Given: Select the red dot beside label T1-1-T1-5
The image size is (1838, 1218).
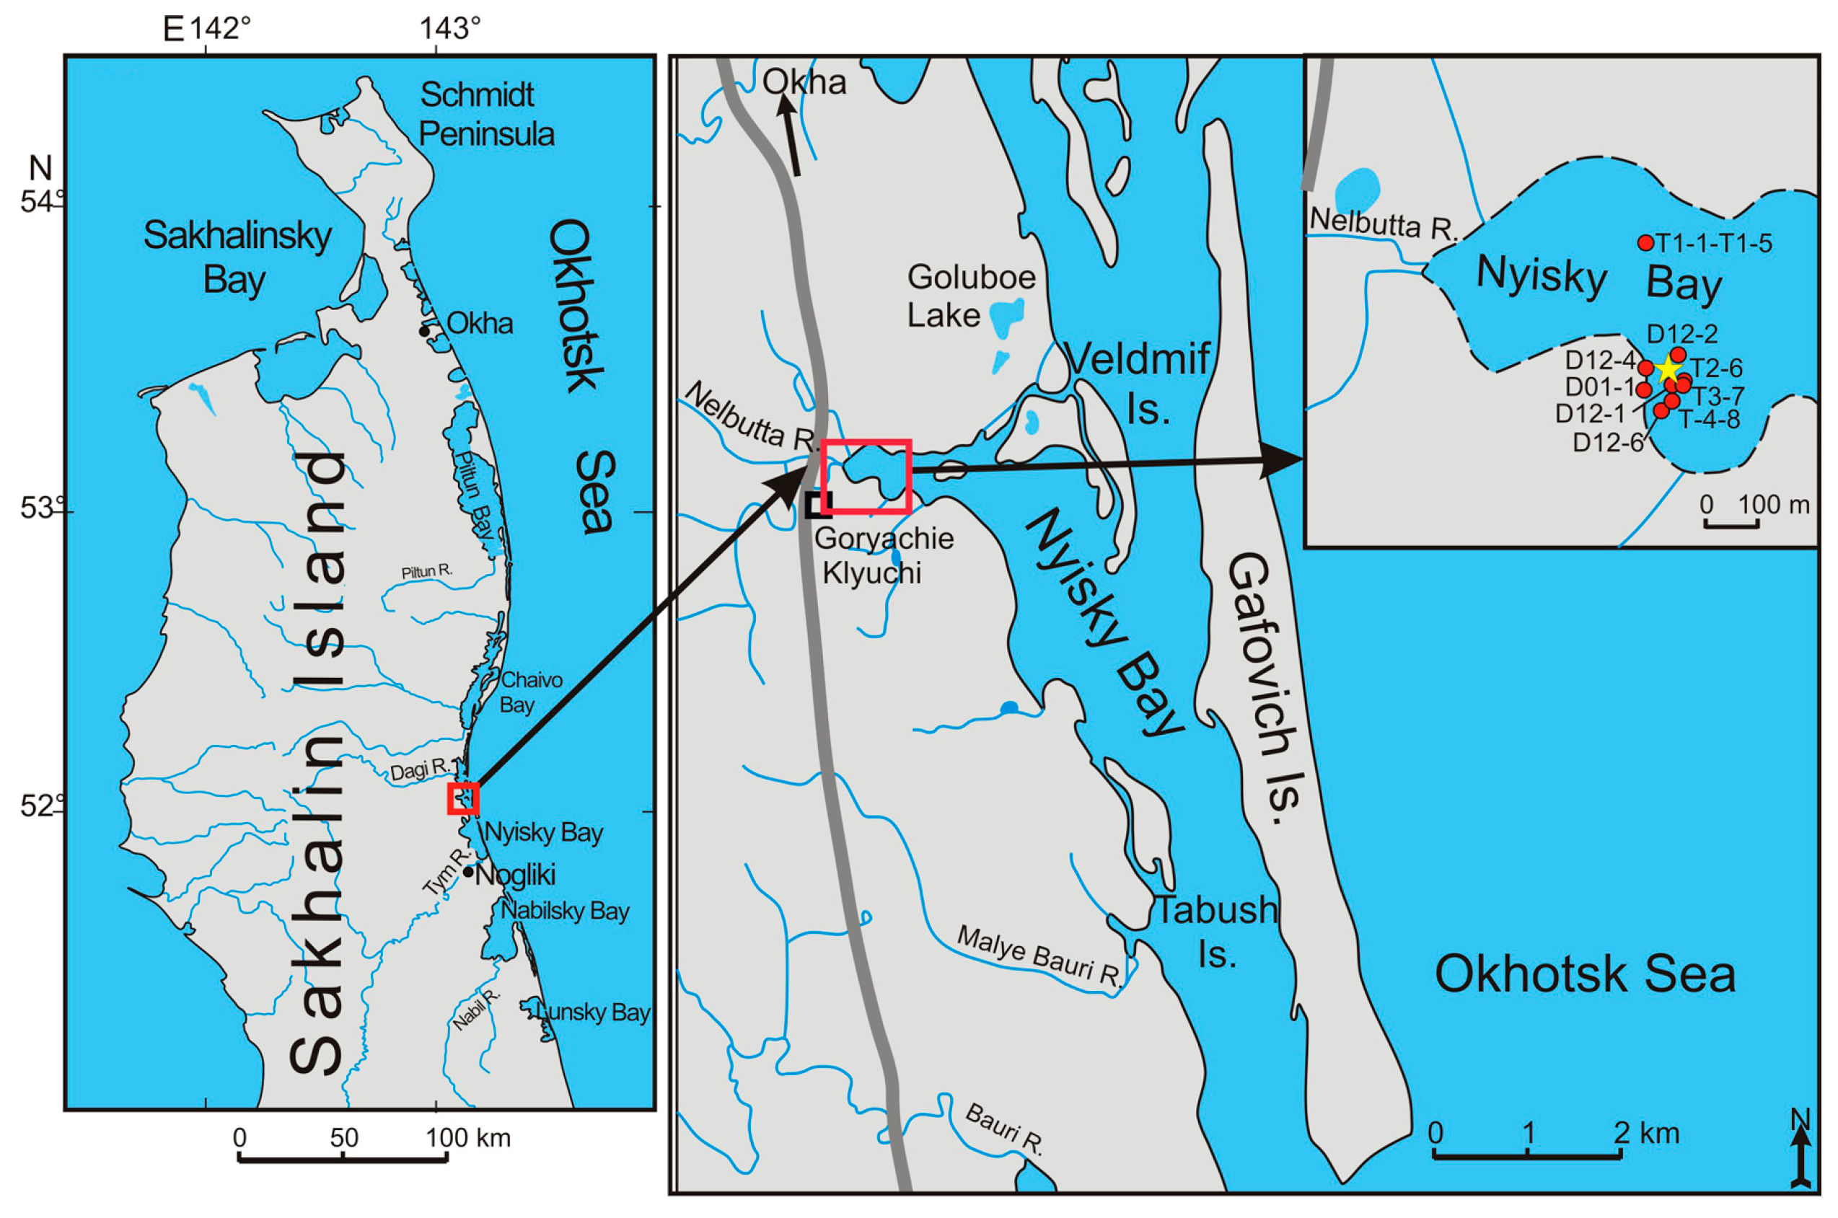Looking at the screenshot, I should pos(1645,243).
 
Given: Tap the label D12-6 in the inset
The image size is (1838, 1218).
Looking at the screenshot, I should pos(1608,443).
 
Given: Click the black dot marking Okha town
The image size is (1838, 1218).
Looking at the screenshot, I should pos(424,332).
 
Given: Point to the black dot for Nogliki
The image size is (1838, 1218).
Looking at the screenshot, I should pos(468,872).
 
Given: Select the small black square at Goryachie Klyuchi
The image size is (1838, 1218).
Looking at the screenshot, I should pos(818,504).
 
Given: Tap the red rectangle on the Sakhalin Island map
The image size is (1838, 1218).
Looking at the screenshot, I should pos(463,798).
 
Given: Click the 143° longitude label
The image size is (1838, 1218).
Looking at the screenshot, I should pos(450,29).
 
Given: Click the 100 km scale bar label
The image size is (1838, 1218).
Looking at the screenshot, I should pos(467,1138).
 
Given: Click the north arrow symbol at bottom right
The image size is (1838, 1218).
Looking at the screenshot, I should pos(1800,1153).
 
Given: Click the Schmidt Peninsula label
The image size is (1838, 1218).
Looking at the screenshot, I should pos(485,114).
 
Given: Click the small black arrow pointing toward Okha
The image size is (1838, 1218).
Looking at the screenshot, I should pos(791,140).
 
